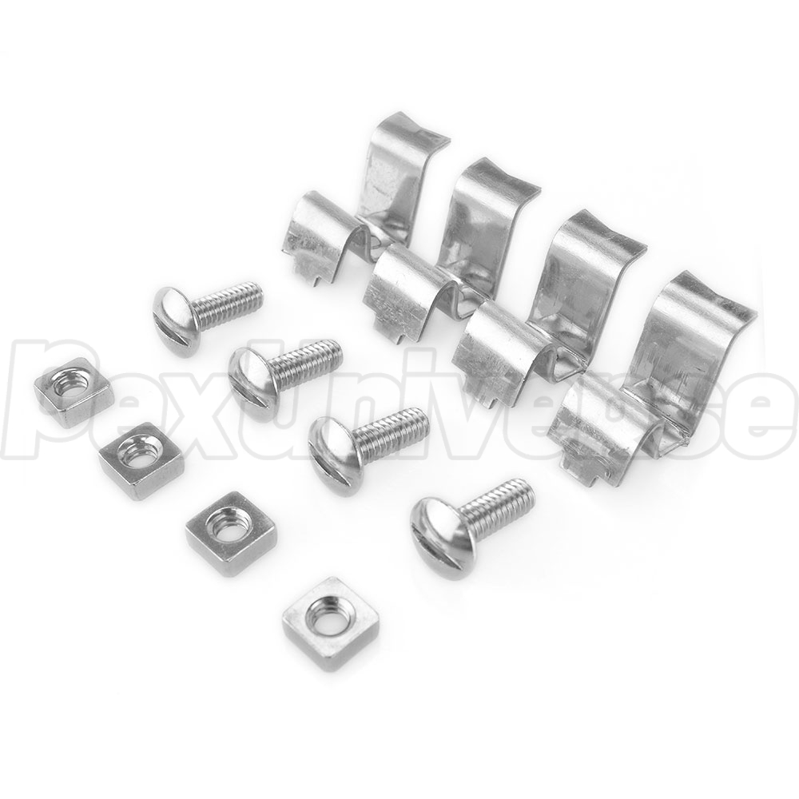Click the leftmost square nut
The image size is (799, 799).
coord(74,385)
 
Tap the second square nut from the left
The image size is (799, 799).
coord(141,461)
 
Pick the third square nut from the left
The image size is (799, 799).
coord(232,533)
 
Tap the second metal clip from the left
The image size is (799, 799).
coord(448,244)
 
